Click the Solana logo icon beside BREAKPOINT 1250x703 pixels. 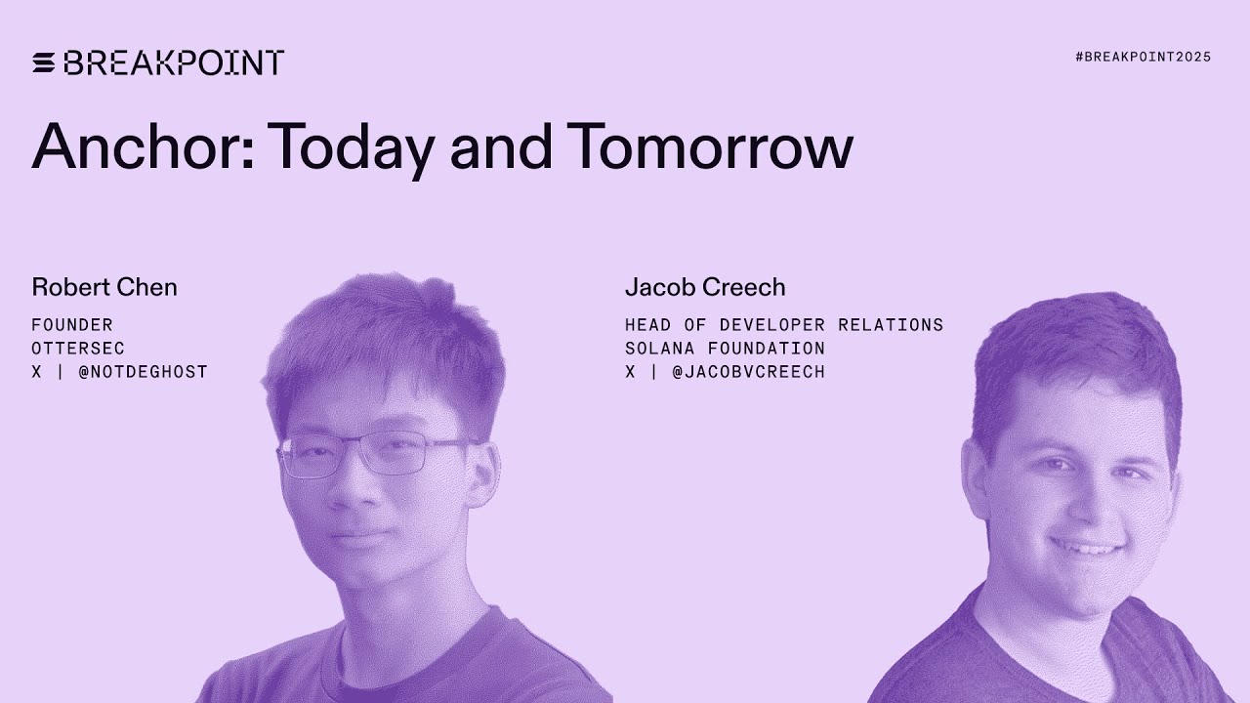point(44,63)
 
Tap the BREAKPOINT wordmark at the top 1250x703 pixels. point(174,63)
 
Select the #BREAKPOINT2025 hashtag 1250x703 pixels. point(1143,58)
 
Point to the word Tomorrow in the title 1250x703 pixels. point(710,147)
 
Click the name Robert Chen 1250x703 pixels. point(104,287)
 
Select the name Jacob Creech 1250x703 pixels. point(705,287)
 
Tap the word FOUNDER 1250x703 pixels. point(72,325)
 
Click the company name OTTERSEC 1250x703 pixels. point(78,349)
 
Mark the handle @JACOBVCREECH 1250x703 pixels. point(748,372)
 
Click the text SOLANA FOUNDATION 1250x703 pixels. point(725,349)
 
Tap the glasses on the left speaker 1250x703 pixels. point(376,454)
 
